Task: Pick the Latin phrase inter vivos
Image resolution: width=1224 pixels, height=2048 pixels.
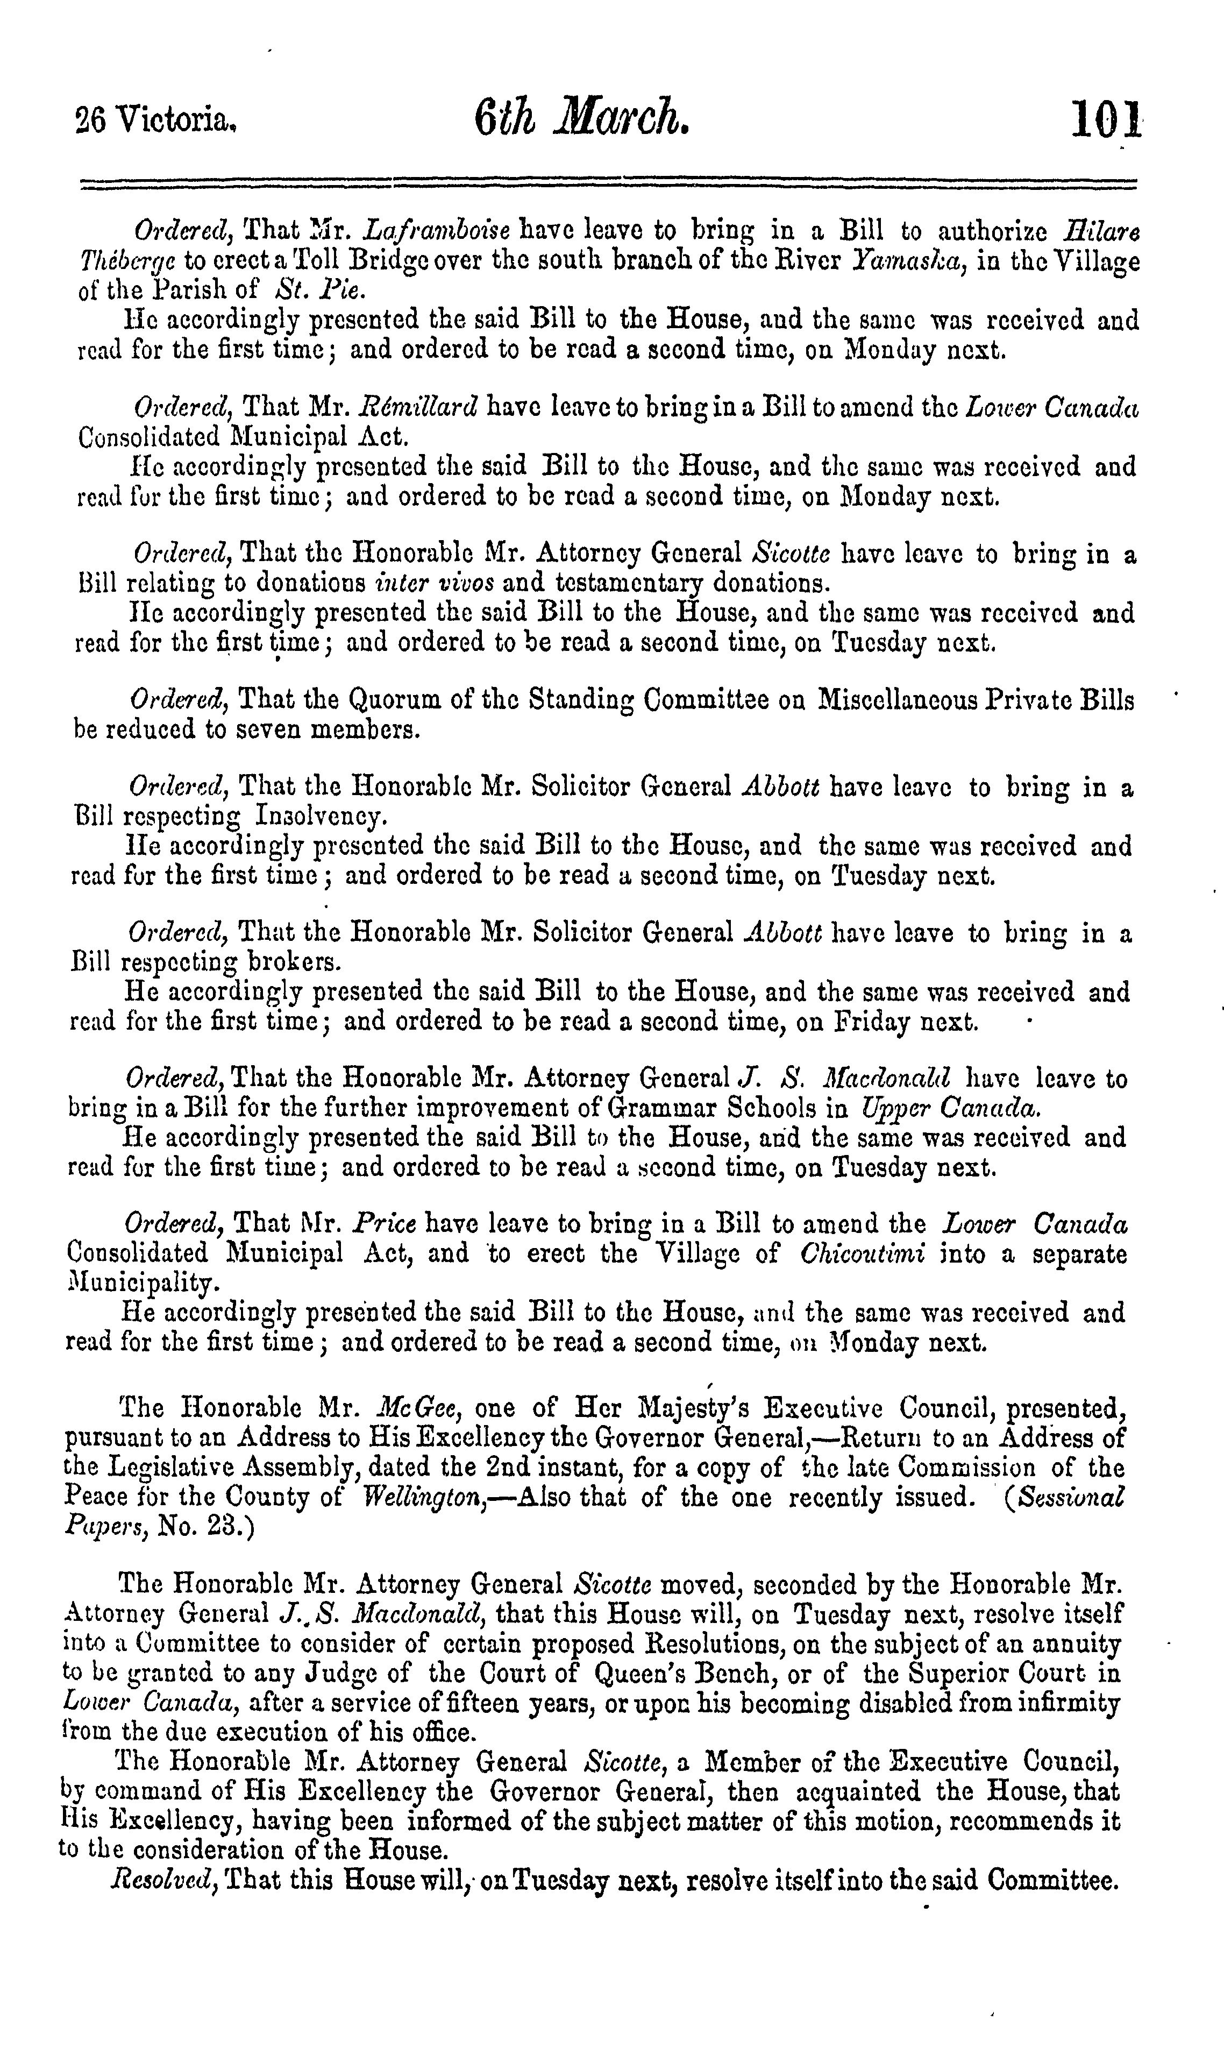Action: click(435, 583)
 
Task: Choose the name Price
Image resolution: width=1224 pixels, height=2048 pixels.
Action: click(383, 1223)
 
